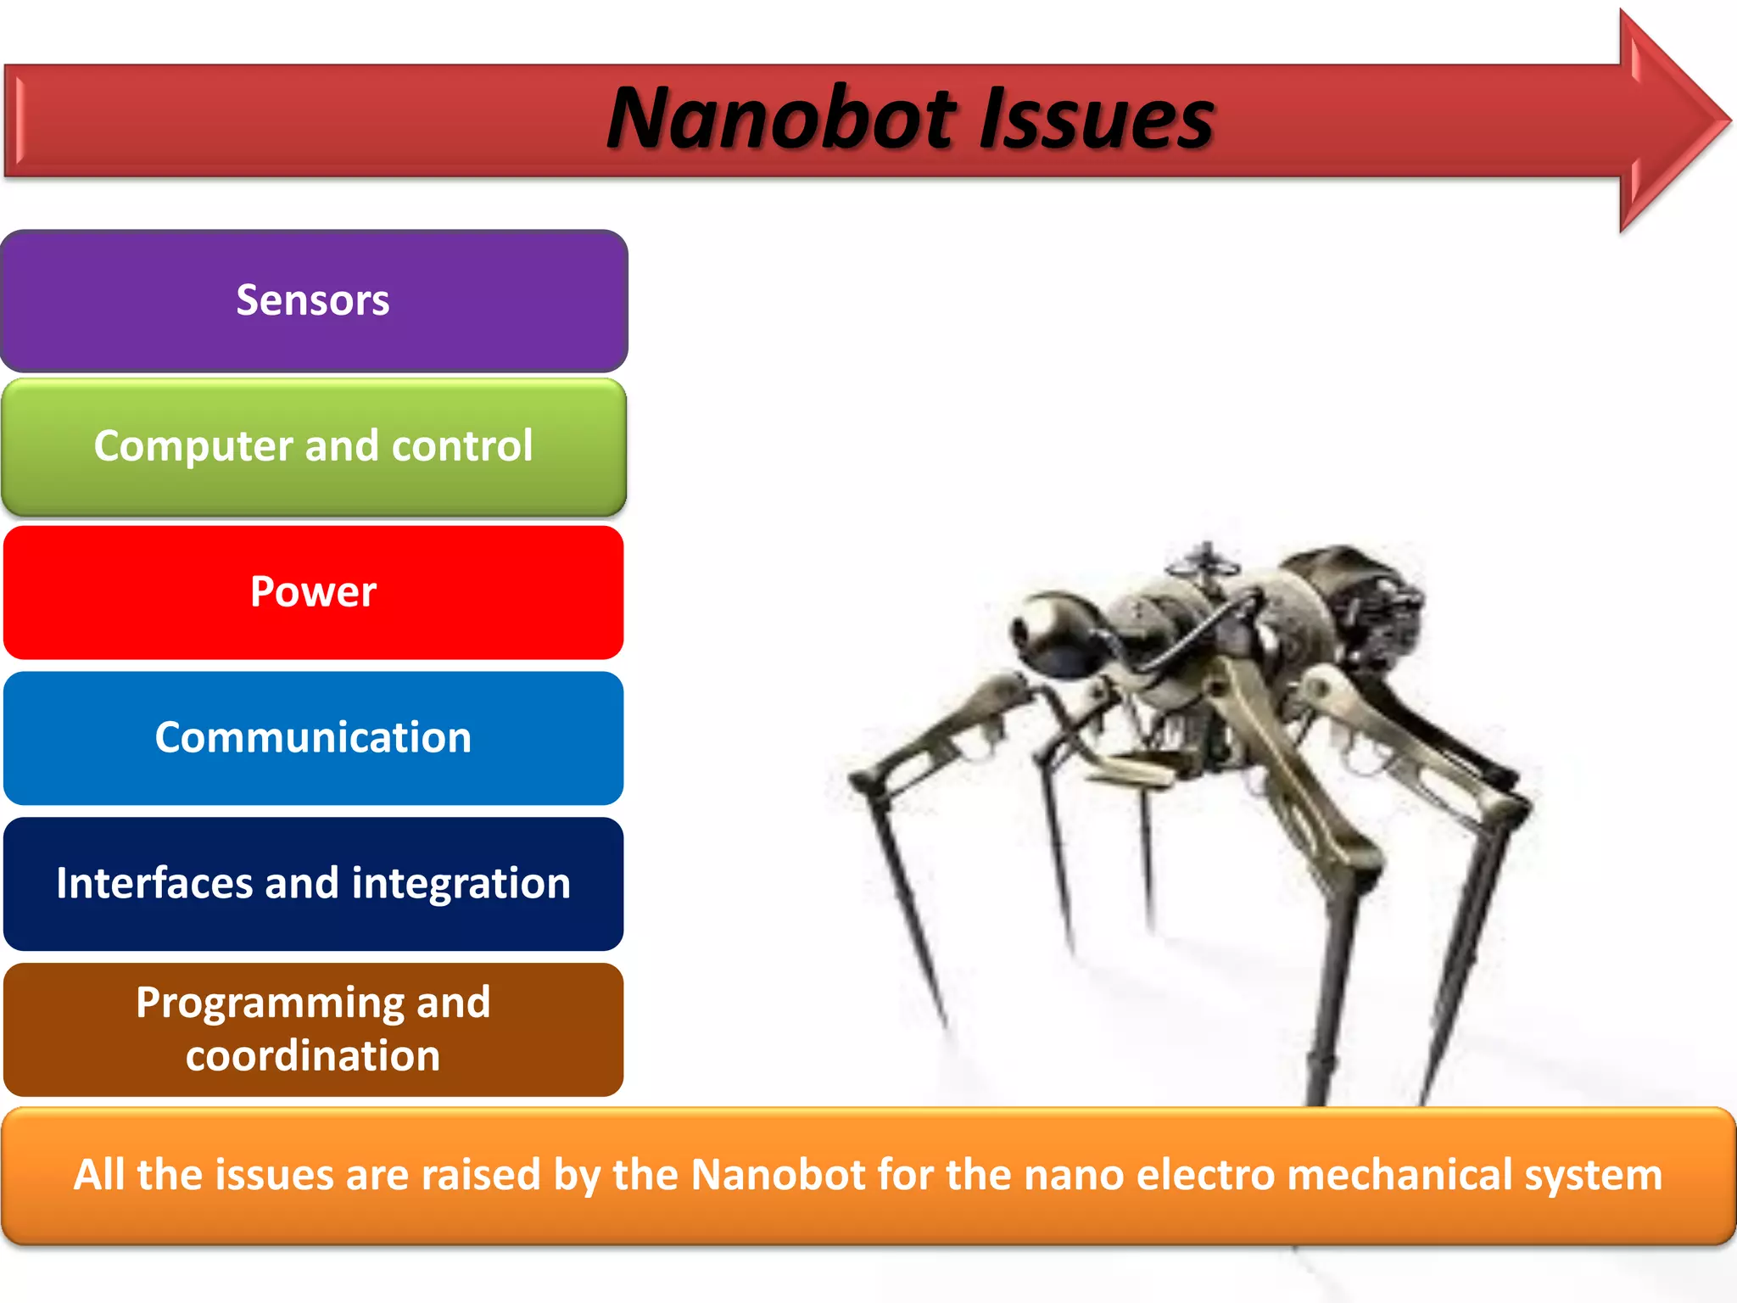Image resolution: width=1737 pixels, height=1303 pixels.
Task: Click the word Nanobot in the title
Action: (781, 119)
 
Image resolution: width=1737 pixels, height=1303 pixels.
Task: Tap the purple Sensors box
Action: (313, 300)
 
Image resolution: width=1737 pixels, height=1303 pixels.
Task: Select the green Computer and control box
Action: (313, 446)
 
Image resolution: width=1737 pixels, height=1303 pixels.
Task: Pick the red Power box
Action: (313, 592)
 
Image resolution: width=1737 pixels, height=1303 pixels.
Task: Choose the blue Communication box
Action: (313, 737)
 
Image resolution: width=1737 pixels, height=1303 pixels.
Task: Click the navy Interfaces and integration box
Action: (313, 883)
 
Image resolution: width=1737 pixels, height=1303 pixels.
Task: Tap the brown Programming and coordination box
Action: (313, 1029)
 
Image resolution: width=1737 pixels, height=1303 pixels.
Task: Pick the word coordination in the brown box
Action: (313, 1056)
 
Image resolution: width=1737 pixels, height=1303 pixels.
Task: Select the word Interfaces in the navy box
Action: (154, 883)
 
